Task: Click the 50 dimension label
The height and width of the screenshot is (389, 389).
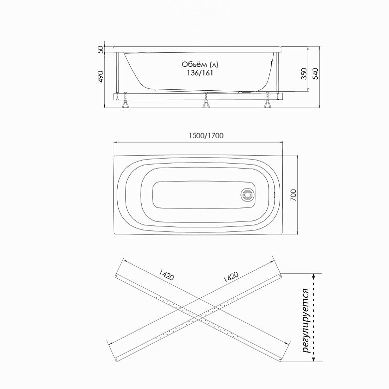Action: click(x=100, y=49)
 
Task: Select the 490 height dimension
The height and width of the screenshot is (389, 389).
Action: click(x=100, y=77)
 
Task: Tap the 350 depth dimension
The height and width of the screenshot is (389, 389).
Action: click(x=304, y=74)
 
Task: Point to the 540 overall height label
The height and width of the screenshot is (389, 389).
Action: click(x=315, y=74)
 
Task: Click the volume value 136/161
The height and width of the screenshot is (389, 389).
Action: click(x=199, y=73)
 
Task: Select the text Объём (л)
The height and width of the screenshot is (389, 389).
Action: click(x=200, y=64)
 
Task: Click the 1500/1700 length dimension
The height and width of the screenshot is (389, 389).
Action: click(x=206, y=136)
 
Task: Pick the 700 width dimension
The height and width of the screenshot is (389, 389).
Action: click(x=293, y=195)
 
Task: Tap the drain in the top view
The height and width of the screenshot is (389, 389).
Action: click(x=247, y=194)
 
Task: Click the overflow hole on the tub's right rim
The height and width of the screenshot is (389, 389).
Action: click(x=274, y=194)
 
